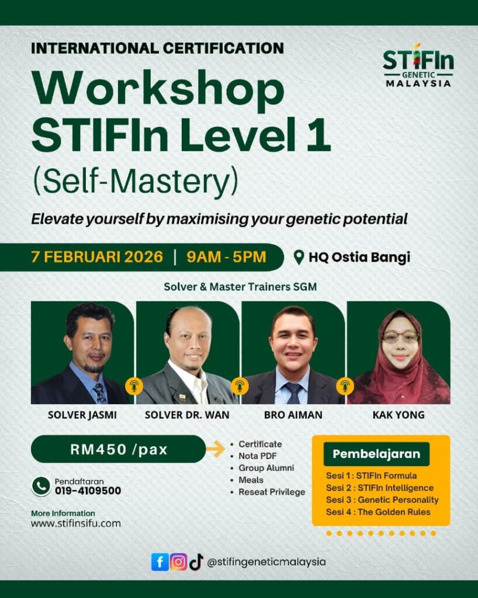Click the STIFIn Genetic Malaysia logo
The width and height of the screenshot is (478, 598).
pyautogui.click(x=418, y=65)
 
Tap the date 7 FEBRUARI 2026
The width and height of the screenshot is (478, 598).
pyautogui.click(x=97, y=257)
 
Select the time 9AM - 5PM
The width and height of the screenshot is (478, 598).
pyautogui.click(x=226, y=257)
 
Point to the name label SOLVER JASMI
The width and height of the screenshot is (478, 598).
pyautogui.click(x=82, y=415)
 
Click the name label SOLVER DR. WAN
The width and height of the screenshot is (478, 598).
pyautogui.click(x=187, y=415)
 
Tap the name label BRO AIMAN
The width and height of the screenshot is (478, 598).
pyautogui.click(x=293, y=415)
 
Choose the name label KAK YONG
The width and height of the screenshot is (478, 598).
pyautogui.click(x=399, y=415)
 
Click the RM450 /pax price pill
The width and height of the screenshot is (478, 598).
pyautogui.click(x=118, y=449)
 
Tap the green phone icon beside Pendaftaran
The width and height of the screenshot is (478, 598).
pyautogui.click(x=41, y=486)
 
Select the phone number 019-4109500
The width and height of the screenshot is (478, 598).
pyautogui.click(x=88, y=491)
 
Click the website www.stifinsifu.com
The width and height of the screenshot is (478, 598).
pyautogui.click(x=76, y=523)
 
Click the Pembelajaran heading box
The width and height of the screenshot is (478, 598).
pyautogui.click(x=376, y=454)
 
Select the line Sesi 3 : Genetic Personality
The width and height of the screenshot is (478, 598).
pyautogui.click(x=382, y=500)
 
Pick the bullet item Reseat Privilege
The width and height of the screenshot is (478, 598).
pyautogui.click(x=272, y=492)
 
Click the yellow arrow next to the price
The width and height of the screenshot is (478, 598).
pyautogui.click(x=216, y=449)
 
